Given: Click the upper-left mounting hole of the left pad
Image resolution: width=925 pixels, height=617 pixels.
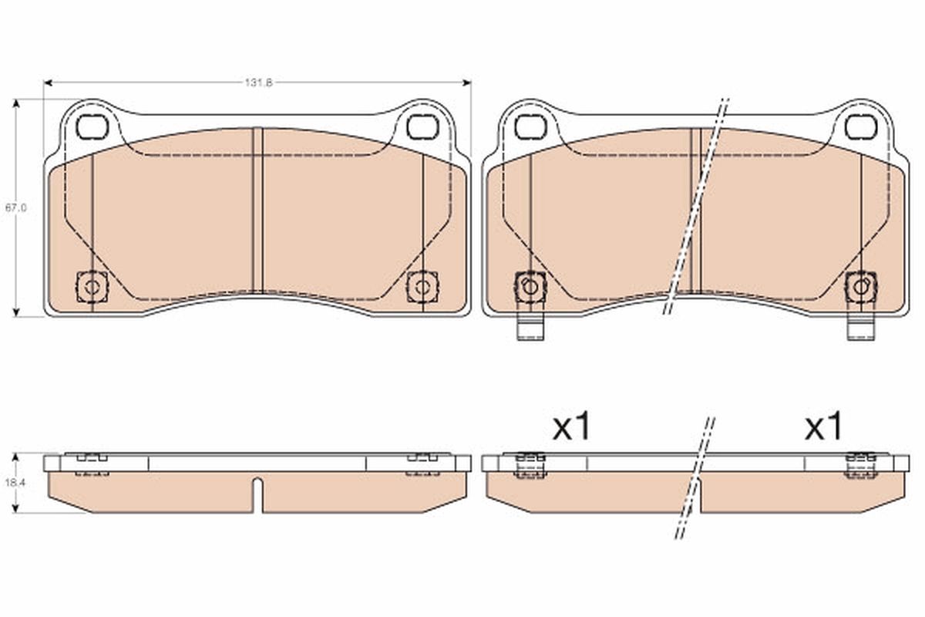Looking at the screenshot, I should point(92,126).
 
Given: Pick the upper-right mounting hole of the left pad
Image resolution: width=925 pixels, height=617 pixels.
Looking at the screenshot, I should point(421,126).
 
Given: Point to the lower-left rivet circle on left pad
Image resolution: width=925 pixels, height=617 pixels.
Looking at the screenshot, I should point(92,288).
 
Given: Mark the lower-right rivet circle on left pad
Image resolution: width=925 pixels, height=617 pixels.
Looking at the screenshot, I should point(421,288).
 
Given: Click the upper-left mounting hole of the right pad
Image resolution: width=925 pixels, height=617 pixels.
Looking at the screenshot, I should point(530,126).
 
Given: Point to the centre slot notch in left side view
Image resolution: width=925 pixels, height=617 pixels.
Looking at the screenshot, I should point(258,494).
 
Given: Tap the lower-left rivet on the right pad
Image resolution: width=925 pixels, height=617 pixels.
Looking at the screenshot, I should point(530,287).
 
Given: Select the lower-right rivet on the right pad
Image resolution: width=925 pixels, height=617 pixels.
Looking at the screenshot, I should point(859,287).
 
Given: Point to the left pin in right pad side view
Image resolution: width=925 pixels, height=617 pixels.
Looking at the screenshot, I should point(530,464).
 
